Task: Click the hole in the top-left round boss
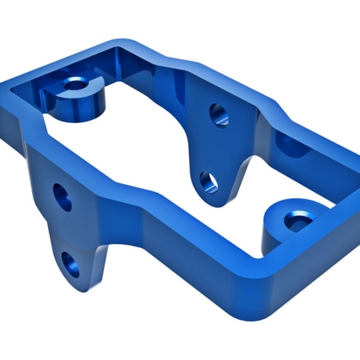pos(76,82)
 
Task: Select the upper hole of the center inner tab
pos(216,114)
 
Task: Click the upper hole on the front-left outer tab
pos(62,196)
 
